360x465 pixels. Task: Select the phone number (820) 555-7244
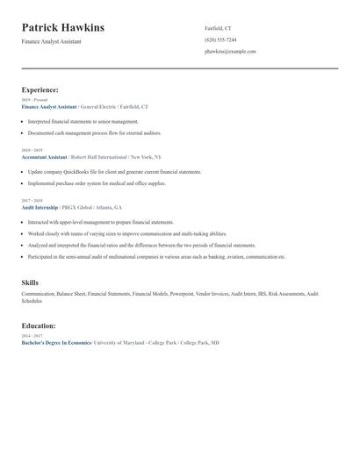pos(220,40)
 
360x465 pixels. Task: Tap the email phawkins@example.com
pos(230,52)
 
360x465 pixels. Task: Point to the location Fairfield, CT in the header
pos(219,29)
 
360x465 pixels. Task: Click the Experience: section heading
pos(40,89)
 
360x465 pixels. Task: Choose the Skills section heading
pos(30,283)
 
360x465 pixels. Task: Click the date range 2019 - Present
pos(34,100)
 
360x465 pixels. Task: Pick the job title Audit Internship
pos(40,207)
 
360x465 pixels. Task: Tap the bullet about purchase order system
pos(97,183)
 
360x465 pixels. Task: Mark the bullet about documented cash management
pos(94,132)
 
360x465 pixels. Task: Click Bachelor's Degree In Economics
pos(56,342)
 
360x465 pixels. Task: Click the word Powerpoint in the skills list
pos(182,293)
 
